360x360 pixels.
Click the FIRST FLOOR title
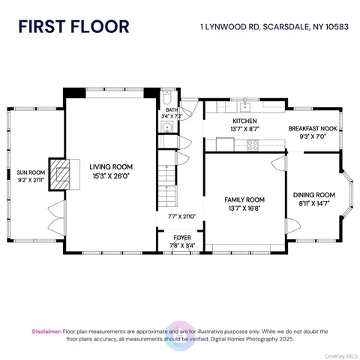point(73,26)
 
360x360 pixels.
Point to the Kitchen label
point(244,121)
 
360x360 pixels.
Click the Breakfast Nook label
point(313,129)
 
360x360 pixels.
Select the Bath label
point(172,111)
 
